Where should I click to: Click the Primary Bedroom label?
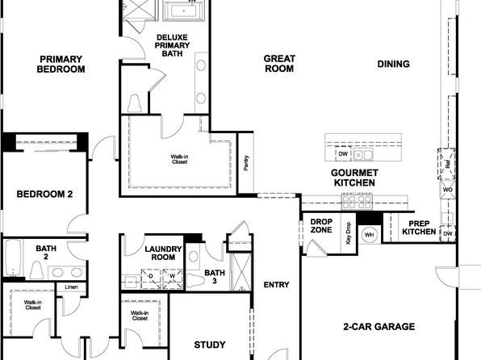tap(61, 64)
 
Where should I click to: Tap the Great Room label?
tap(279, 64)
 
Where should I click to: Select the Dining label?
tap(394, 64)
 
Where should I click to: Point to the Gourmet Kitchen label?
tap(354, 178)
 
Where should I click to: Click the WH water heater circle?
tap(370, 235)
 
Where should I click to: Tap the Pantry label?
tap(246, 163)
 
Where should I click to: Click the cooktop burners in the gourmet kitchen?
tap(357, 202)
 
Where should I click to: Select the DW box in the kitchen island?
tap(343, 153)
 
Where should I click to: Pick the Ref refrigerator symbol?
tap(446, 164)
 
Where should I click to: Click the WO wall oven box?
tap(448, 190)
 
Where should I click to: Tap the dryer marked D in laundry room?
tap(151, 279)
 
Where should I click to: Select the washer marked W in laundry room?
tap(172, 279)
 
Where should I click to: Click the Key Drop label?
tap(348, 233)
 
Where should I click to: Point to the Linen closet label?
tap(71, 287)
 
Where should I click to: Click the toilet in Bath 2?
tap(37, 270)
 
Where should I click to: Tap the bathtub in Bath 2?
tap(13, 258)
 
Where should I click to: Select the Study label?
tap(210, 345)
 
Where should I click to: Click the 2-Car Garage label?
tap(379, 326)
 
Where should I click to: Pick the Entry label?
tap(276, 285)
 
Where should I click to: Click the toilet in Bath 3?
tap(195, 281)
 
